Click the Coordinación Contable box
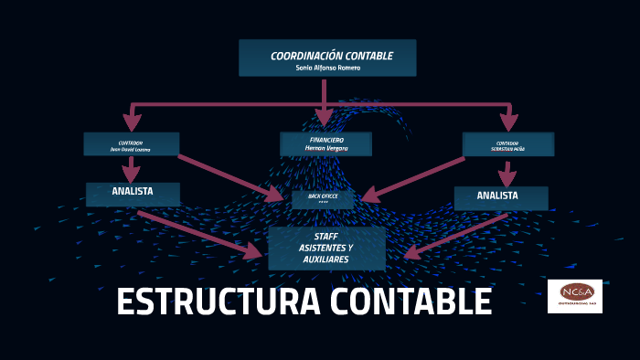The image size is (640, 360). (327, 58)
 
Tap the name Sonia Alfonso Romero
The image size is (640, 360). (327, 68)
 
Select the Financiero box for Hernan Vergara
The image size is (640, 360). (325, 143)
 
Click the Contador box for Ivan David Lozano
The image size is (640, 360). (131, 144)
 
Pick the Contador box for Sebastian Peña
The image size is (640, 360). (507, 144)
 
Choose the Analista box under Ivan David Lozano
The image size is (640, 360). (133, 193)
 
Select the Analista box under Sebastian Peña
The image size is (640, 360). (500, 196)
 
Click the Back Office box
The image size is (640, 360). (323, 198)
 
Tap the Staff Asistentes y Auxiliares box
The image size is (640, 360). (326, 248)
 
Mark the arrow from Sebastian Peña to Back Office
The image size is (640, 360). (416, 178)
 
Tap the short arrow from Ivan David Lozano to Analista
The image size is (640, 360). (132, 169)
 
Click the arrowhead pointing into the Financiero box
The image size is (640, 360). (324, 118)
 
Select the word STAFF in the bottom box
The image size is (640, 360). (326, 237)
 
